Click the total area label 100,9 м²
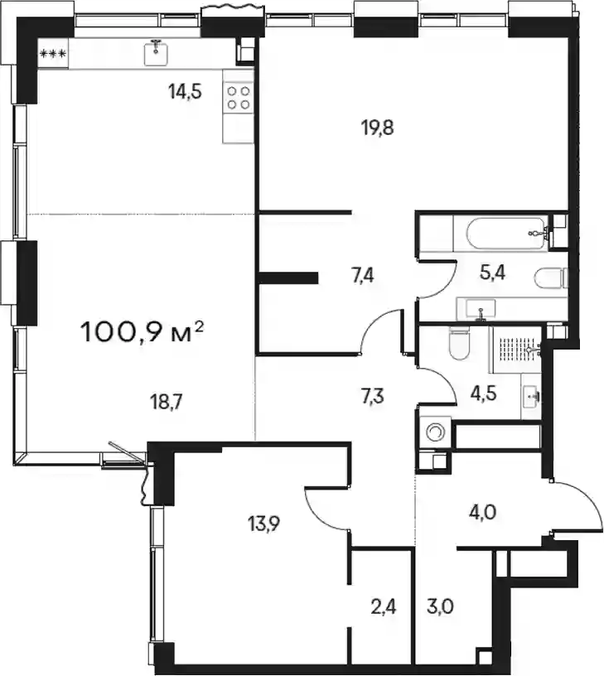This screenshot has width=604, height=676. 142,332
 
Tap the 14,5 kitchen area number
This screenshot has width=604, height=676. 186,92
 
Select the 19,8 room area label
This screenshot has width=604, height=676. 378,128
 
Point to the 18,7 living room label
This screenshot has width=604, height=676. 167,403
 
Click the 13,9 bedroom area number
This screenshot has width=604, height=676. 263,524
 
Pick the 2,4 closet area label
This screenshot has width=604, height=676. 384,607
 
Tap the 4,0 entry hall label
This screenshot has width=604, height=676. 482,513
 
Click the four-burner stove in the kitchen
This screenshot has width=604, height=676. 239,98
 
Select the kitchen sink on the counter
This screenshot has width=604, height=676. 156,52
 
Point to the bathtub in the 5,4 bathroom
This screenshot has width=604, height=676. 505,233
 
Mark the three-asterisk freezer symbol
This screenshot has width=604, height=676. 52,55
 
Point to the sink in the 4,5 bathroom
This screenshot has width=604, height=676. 530,397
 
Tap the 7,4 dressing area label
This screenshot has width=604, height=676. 363,276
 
